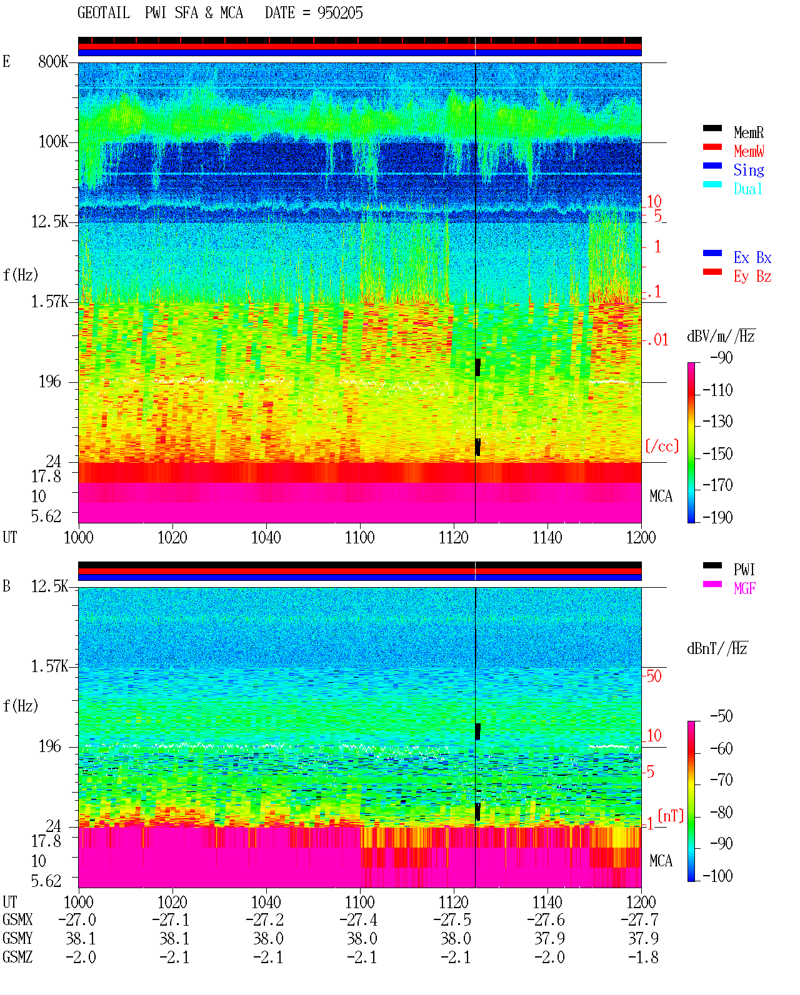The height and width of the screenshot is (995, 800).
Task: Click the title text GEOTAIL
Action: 104,13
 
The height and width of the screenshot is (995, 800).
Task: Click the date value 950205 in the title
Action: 340,13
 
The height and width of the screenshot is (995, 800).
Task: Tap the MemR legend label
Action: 749,132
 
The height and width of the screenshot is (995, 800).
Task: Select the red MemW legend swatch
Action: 712,147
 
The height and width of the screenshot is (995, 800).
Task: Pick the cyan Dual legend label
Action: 748,189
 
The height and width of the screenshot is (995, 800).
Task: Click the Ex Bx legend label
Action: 752,257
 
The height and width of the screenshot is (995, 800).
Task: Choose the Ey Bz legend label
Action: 752,277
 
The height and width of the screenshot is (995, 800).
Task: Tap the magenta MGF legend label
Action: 744,588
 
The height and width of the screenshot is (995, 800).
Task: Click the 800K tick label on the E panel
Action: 53,61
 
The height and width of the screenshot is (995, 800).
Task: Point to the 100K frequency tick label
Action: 53,142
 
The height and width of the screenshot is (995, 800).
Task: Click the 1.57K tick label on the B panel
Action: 49,666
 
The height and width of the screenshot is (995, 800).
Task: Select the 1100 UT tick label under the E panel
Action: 359,538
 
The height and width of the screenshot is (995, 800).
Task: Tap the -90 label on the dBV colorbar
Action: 721,357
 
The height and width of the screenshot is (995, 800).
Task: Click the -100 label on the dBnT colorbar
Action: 717,876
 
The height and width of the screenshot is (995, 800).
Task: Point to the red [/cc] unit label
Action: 662,446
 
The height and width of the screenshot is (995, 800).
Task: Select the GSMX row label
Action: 17,919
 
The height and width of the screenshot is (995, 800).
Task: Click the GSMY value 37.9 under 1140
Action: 549,939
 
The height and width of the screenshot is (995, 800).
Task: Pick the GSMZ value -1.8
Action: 642,958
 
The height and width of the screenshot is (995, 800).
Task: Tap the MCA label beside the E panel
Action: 661,496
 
